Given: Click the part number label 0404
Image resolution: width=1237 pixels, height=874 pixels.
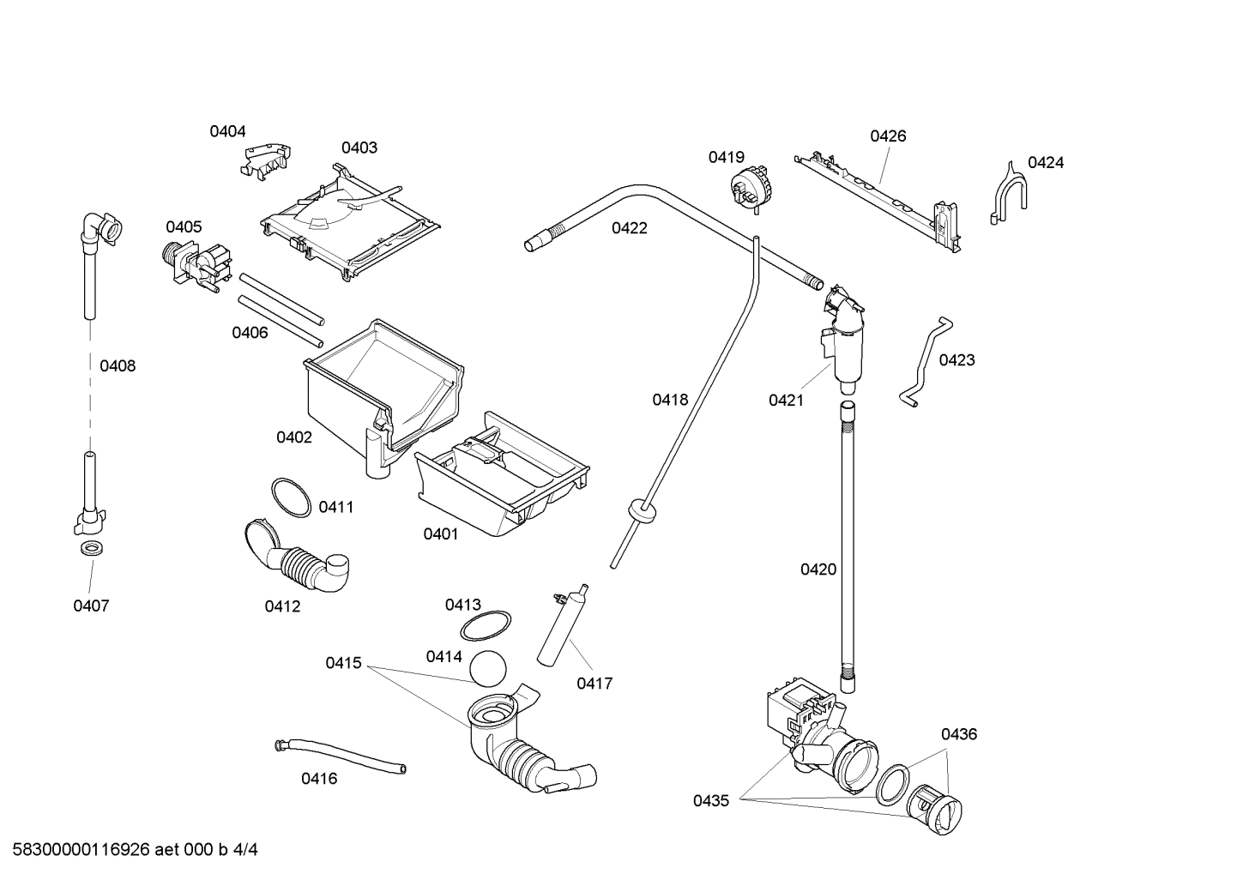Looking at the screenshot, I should (x=227, y=131).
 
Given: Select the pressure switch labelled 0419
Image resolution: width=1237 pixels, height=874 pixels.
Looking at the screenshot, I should (x=747, y=187).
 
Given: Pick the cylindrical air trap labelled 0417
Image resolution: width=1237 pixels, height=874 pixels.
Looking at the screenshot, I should (x=562, y=628).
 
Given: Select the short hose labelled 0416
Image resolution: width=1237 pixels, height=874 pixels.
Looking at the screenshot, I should (x=340, y=756).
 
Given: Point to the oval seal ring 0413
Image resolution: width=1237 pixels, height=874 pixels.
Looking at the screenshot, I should (x=486, y=626).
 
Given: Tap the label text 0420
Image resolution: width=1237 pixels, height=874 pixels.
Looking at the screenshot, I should (x=818, y=570).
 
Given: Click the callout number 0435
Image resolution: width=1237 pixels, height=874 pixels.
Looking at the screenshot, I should (x=711, y=801).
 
